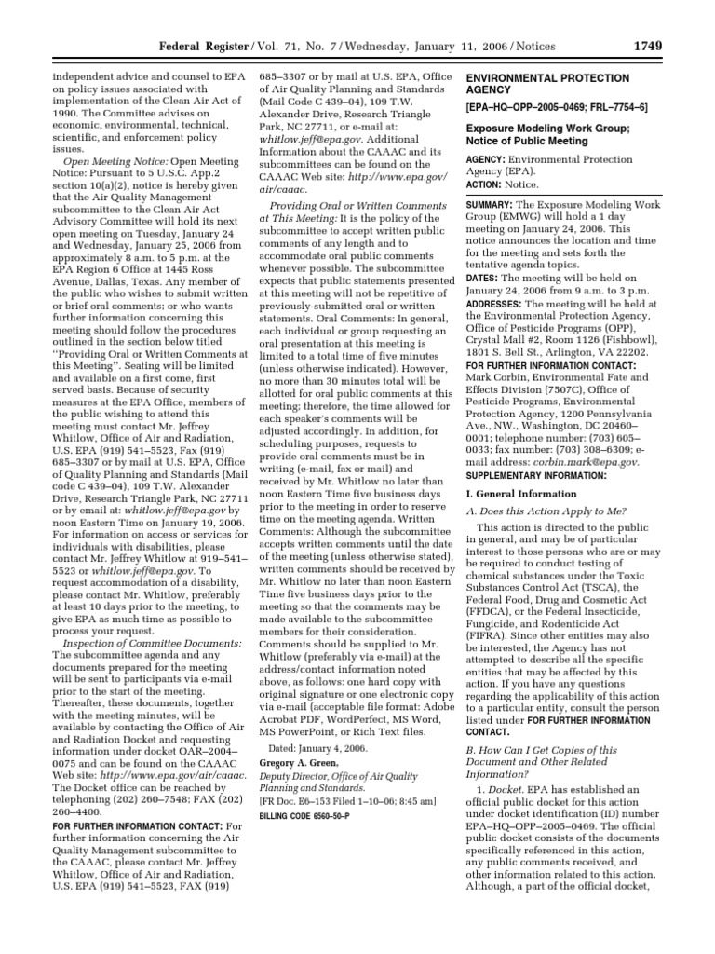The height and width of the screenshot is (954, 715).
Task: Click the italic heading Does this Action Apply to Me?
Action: (x=553, y=511)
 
